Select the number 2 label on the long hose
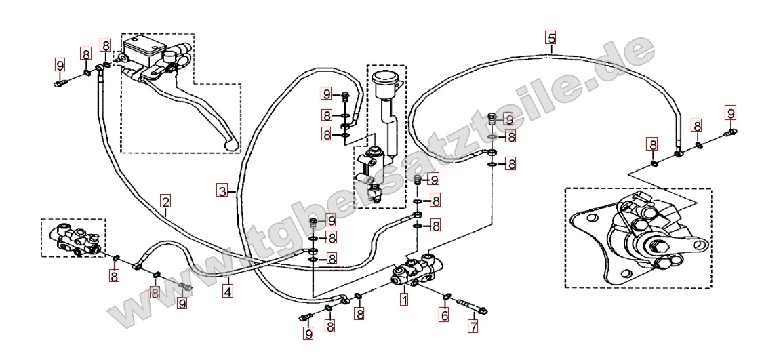(x=165, y=201)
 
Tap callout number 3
(x=222, y=191)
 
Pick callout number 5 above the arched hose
(x=550, y=37)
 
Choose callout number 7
(x=473, y=325)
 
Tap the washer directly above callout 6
(x=447, y=296)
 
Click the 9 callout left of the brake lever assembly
(x=60, y=66)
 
